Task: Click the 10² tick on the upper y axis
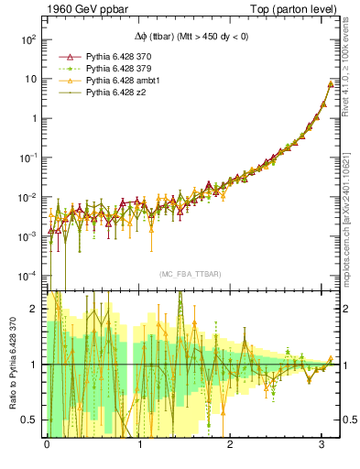point(27,39)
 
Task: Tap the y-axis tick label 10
point(29,79)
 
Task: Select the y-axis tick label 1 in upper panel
point(33,118)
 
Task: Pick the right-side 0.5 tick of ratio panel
point(347,420)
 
